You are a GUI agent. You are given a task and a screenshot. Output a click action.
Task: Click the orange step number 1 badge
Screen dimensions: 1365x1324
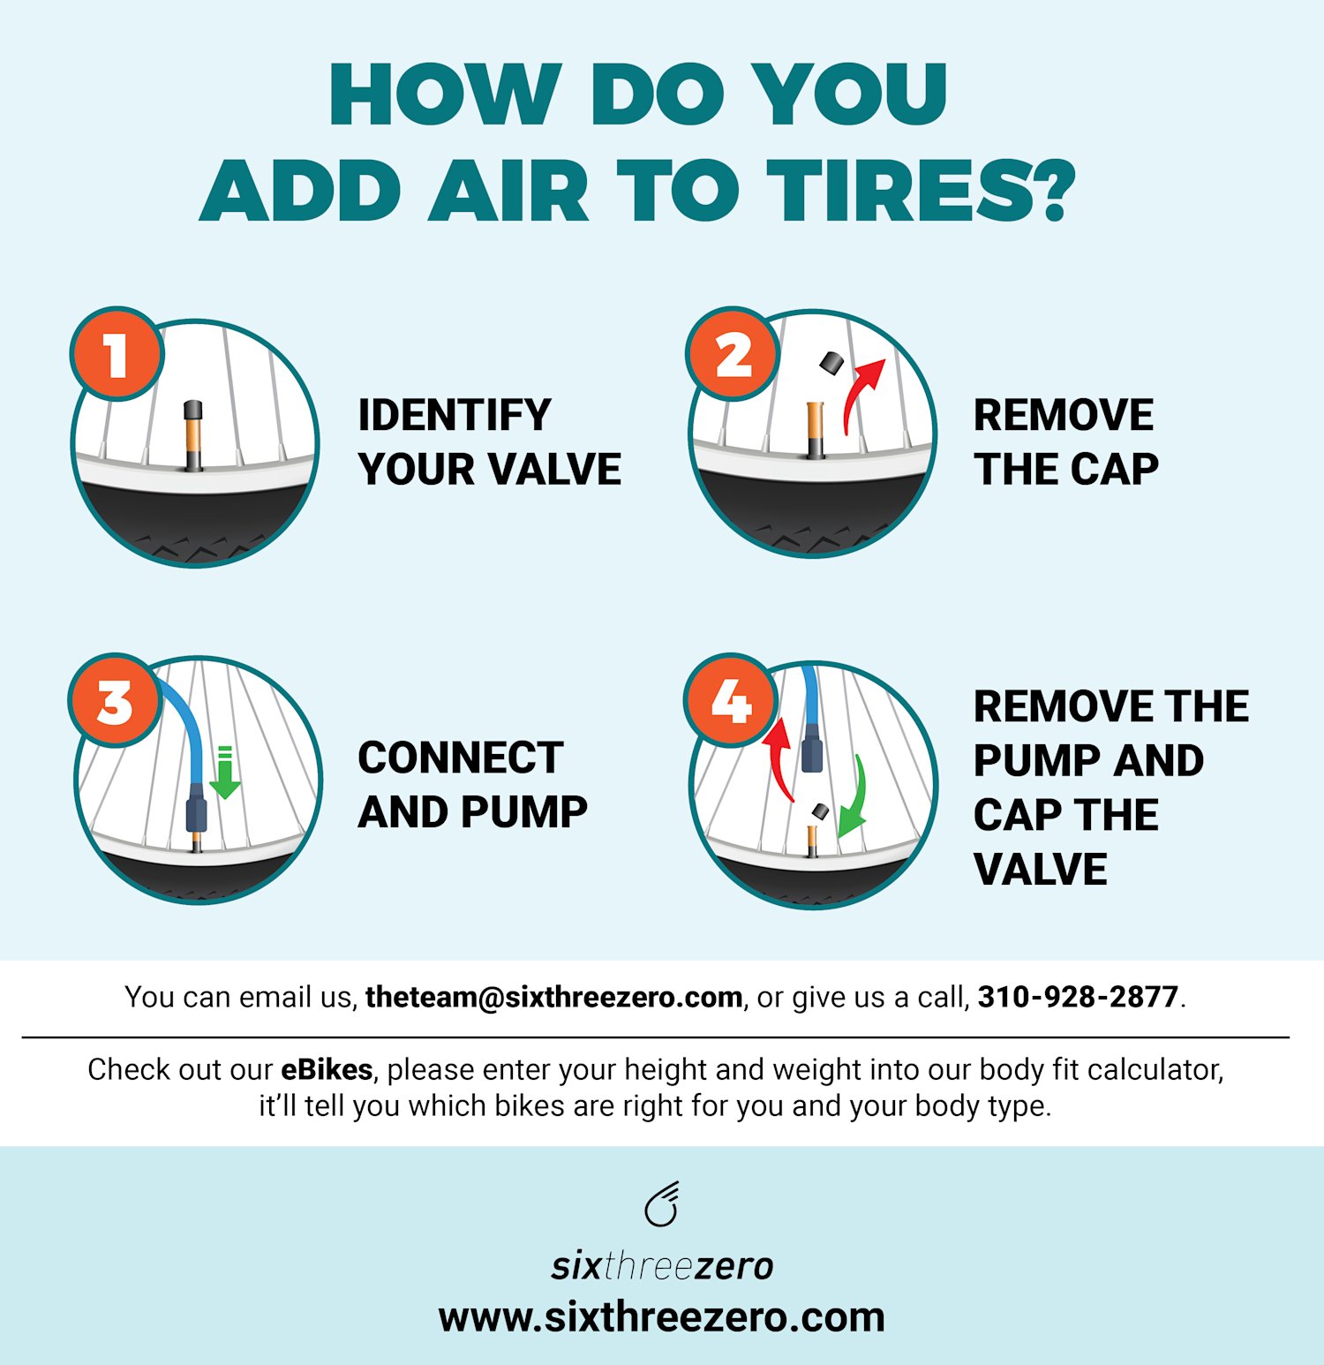[117, 354]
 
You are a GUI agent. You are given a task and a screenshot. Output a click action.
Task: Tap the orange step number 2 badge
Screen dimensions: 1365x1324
[733, 354]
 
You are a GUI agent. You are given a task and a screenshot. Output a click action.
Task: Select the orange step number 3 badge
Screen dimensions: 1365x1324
[115, 701]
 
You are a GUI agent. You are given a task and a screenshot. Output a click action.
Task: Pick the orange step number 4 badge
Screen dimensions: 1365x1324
[731, 701]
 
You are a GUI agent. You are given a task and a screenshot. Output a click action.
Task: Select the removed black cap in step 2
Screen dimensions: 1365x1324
[831, 362]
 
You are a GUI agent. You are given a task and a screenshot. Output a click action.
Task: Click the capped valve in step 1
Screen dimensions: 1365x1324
[193, 434]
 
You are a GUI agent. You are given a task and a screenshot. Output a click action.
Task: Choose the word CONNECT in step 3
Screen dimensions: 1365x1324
[460, 758]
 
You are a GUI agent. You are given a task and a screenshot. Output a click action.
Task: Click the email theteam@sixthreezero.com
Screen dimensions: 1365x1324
[553, 997]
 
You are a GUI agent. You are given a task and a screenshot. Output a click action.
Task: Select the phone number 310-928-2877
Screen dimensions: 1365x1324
[1078, 997]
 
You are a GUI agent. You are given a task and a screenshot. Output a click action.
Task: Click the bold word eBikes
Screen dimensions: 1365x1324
[327, 1069]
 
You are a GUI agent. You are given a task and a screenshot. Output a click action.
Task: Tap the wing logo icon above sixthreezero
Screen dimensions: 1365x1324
[662, 1204]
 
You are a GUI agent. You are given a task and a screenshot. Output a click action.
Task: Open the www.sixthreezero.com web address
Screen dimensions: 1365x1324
[662, 1317]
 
